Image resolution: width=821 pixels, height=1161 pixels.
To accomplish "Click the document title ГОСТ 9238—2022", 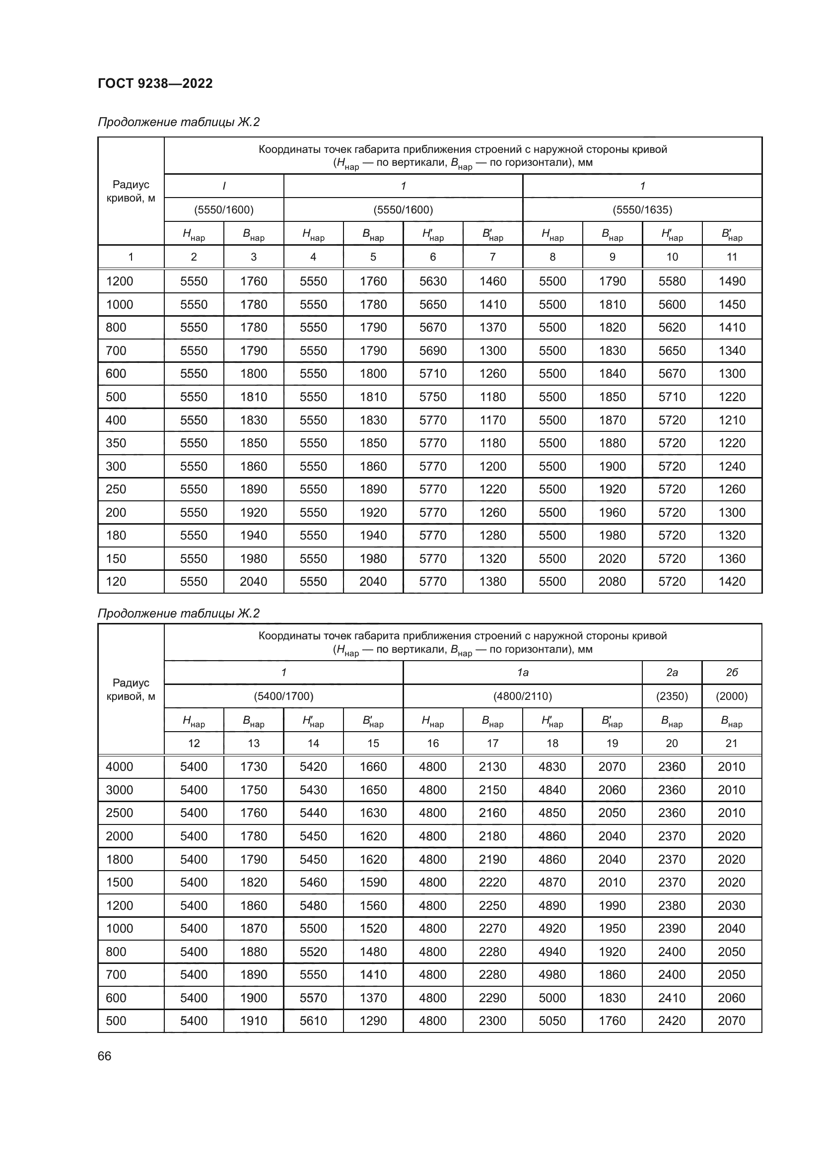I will tap(155, 83).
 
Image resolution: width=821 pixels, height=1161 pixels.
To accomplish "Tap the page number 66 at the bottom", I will tap(105, 1056).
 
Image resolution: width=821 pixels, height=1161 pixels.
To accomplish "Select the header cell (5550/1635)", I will tap(642, 209).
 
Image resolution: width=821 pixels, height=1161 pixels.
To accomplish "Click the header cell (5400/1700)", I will tap(283, 696).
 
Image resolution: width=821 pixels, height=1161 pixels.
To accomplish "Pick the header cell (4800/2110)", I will tap(522, 696).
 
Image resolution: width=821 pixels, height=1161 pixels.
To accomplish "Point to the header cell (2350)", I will tap(672, 696).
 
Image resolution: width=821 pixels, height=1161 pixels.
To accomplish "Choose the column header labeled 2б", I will tap(732, 673).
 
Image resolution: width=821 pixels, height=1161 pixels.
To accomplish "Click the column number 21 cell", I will tap(732, 744).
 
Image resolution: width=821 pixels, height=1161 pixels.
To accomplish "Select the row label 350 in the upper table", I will tap(116, 443).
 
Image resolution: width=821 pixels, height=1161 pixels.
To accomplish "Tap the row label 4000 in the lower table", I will tap(119, 766).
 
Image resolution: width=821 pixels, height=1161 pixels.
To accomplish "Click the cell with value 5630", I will tap(433, 281).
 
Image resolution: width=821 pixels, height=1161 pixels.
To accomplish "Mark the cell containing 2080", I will tap(612, 582).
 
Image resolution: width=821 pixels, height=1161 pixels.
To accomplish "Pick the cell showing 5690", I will tap(433, 350).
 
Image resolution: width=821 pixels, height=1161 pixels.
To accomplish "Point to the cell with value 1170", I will tap(492, 420).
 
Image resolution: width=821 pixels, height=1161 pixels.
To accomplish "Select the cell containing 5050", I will tap(552, 1021).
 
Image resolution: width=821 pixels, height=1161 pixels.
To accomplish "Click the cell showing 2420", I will tap(672, 1021).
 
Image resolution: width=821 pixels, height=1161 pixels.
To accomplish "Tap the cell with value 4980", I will tap(552, 974).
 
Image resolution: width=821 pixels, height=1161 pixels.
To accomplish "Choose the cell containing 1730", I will tap(253, 766).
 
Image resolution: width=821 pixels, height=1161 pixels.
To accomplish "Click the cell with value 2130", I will tap(492, 766).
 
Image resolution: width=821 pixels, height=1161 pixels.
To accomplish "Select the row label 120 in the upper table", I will tap(116, 582).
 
